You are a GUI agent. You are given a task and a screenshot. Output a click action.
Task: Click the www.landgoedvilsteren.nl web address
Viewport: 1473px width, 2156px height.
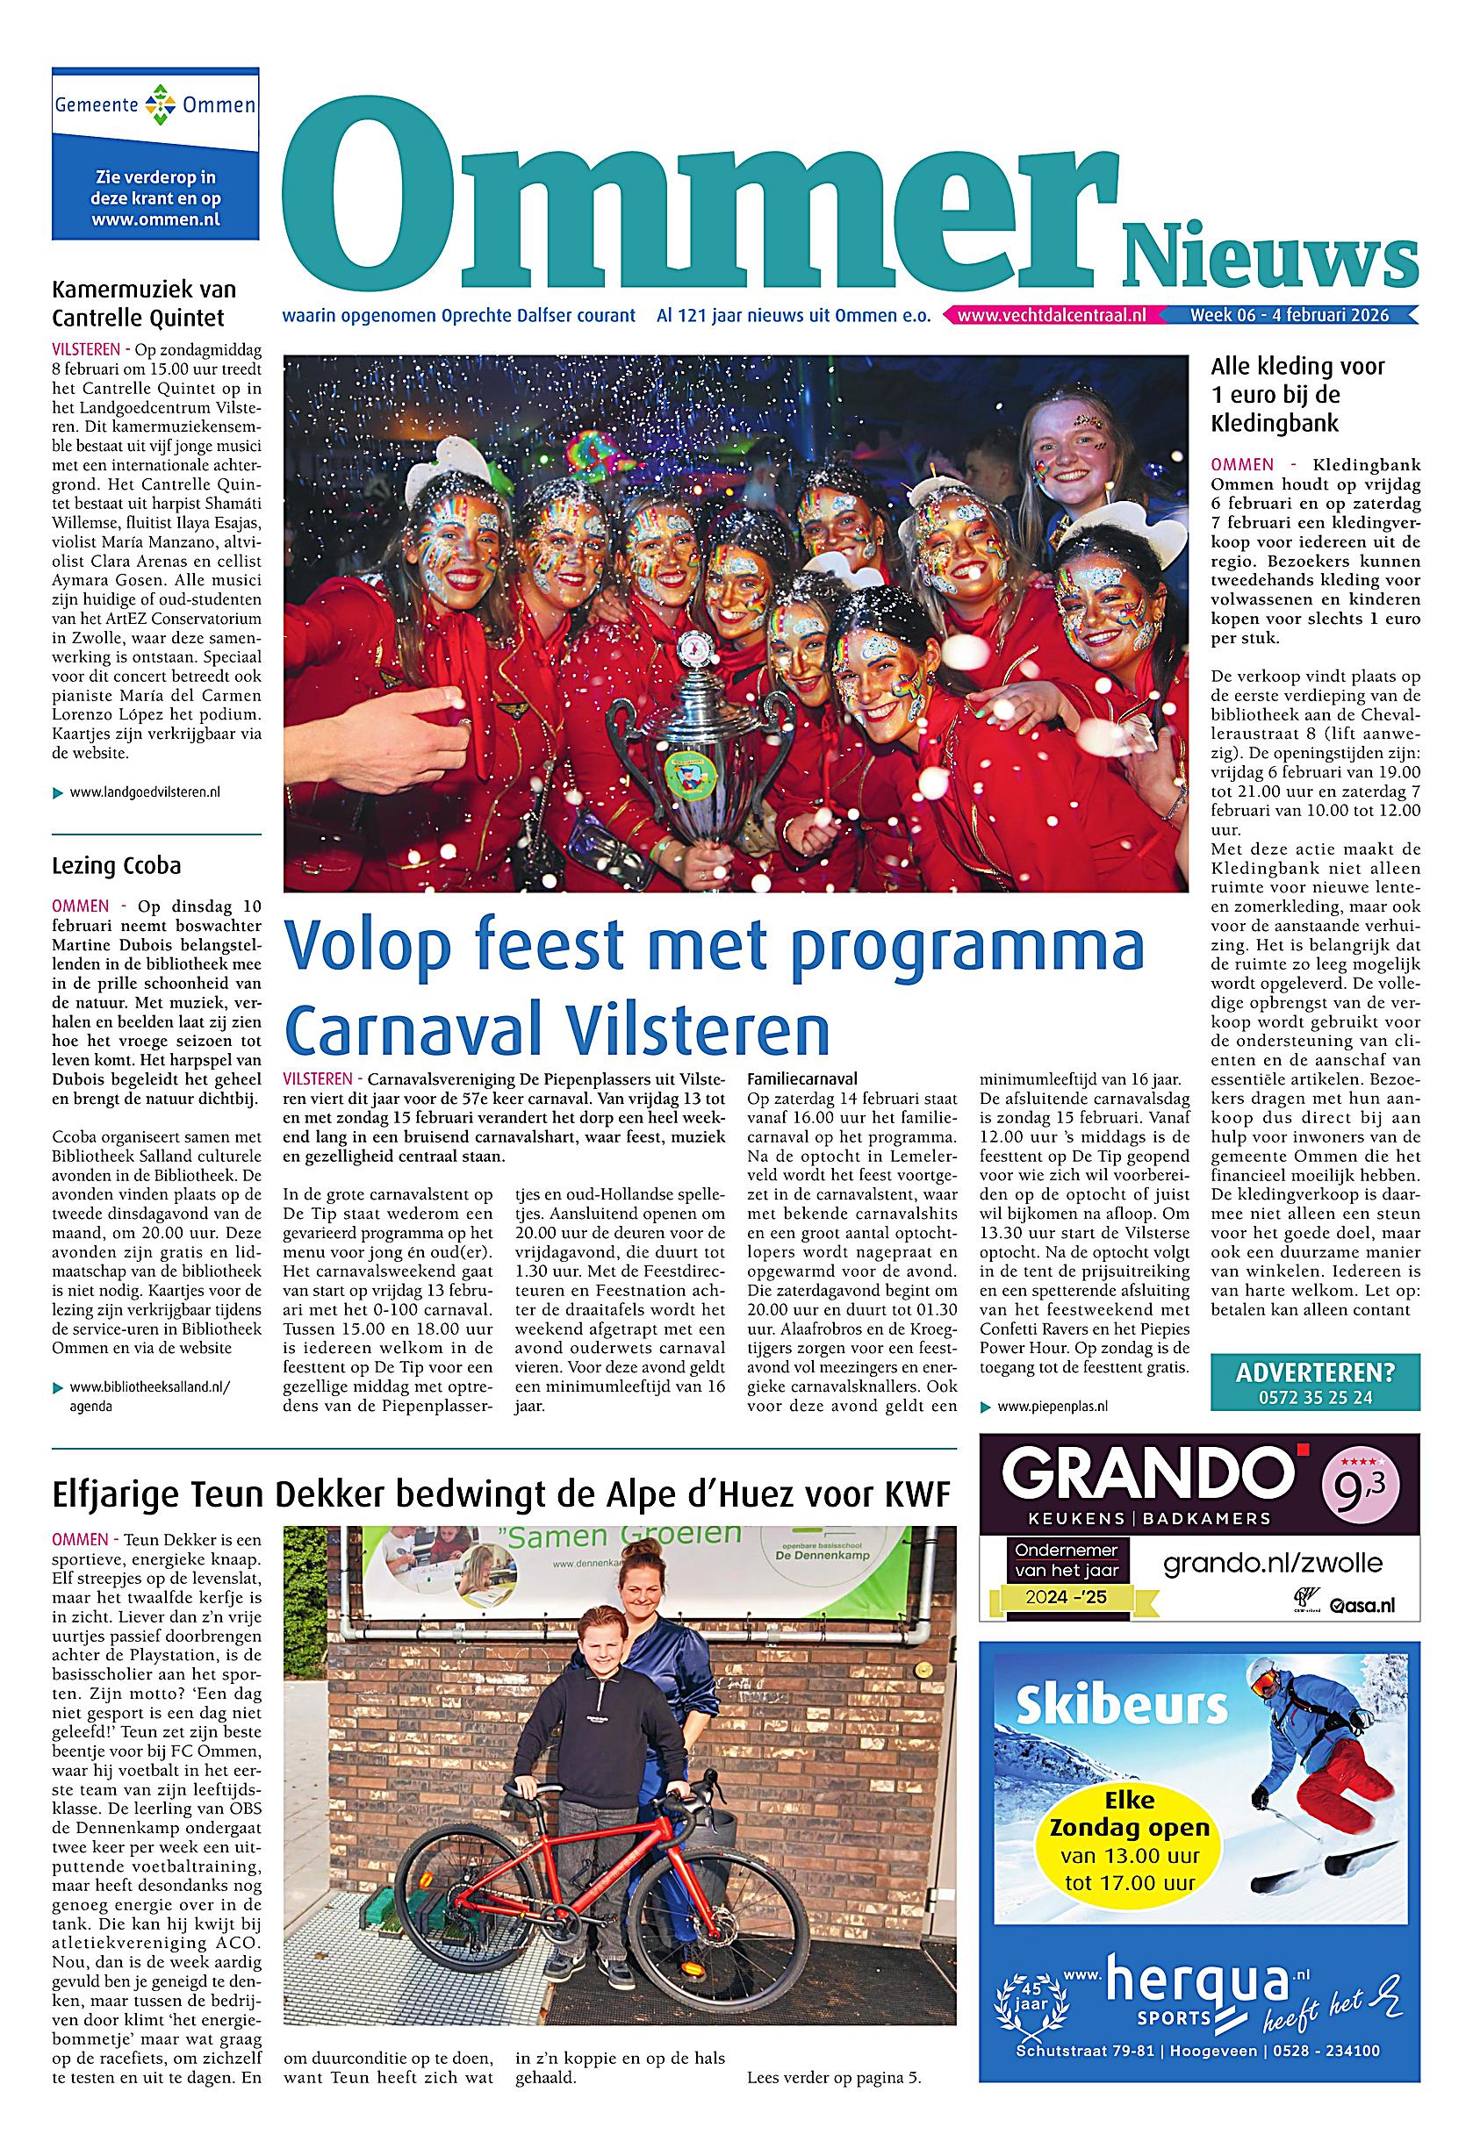pyautogui.click(x=145, y=792)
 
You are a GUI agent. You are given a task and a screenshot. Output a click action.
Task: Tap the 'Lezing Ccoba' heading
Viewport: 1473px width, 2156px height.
pyautogui.click(x=117, y=865)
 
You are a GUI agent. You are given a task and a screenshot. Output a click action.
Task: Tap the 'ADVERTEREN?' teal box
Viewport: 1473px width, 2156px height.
pyautogui.click(x=1315, y=1382)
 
